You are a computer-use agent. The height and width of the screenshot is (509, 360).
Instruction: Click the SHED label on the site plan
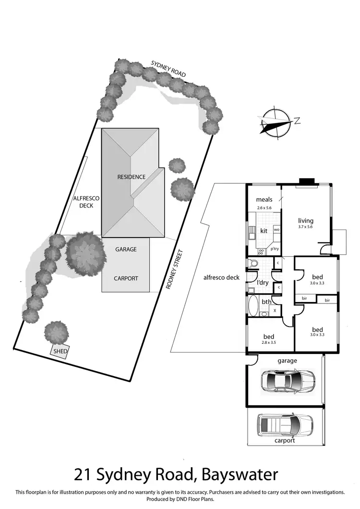(x=60, y=351)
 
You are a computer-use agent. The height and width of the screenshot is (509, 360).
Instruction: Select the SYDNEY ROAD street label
(x=168, y=69)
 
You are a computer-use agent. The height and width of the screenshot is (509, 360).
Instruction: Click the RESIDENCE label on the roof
(x=131, y=177)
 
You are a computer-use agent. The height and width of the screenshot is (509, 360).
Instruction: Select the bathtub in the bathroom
(x=253, y=304)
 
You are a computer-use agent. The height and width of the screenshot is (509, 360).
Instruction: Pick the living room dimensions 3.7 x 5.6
(x=305, y=227)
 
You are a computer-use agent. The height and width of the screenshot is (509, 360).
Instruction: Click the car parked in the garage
(x=287, y=381)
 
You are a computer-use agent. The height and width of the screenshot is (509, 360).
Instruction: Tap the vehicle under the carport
(x=285, y=424)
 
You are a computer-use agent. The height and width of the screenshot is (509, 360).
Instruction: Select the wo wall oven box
(x=276, y=230)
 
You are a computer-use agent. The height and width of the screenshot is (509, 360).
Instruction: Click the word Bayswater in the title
(x=240, y=474)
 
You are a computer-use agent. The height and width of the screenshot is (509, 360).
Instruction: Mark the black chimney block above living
(x=307, y=182)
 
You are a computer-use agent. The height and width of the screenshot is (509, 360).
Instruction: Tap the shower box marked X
(x=274, y=311)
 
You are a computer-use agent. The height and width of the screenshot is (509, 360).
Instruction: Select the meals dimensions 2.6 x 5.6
(x=264, y=208)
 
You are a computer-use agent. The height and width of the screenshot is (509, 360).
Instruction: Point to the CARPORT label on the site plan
(x=126, y=278)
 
